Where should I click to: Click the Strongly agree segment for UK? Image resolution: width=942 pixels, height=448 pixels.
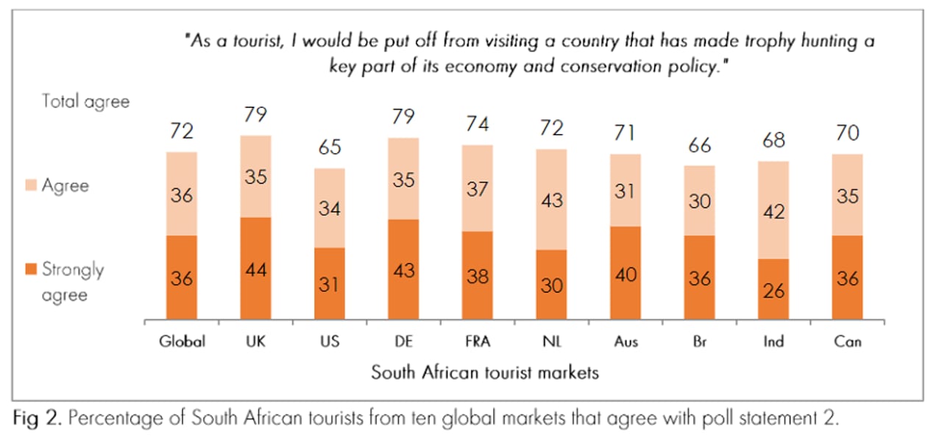pyautogui.click(x=255, y=269)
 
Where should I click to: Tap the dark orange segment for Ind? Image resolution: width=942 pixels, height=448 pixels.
pyautogui.click(x=773, y=290)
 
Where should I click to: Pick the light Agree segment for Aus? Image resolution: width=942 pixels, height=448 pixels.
pyautogui.click(x=626, y=190)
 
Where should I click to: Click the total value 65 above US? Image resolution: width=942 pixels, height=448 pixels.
pyautogui.click(x=330, y=147)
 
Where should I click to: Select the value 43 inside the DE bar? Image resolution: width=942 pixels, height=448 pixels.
pyautogui.click(x=403, y=270)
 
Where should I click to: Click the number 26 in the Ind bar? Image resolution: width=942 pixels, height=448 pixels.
pyautogui.click(x=773, y=291)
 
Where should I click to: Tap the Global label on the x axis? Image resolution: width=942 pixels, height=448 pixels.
pyautogui.click(x=182, y=341)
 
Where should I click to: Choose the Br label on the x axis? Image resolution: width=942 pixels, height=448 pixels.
pyautogui.click(x=699, y=341)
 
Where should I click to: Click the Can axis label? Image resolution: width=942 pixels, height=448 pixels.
pyautogui.click(x=847, y=341)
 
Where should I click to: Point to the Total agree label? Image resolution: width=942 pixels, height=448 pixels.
pyautogui.click(x=85, y=101)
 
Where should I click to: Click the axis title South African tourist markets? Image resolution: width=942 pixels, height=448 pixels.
pyautogui.click(x=484, y=372)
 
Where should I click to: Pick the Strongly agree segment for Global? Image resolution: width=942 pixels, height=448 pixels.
pyautogui.click(x=182, y=278)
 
